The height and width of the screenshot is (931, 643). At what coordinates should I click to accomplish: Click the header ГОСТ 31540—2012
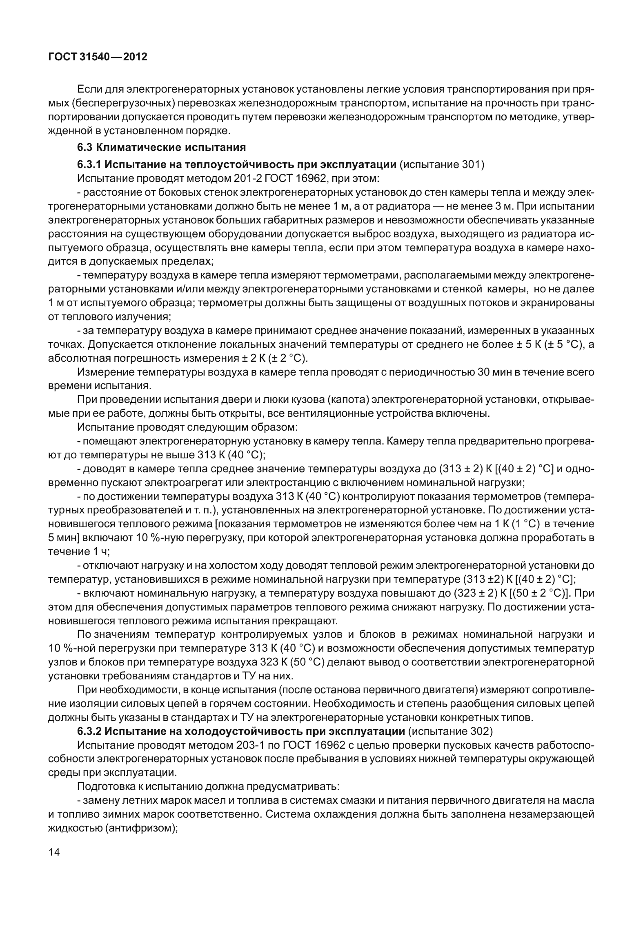coord(97,57)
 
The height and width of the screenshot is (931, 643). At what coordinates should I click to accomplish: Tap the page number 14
coord(54,852)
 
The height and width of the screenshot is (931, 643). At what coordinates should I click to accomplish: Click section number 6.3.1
coord(89,164)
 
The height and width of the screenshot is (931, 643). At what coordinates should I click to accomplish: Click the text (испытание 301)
coord(442,164)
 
